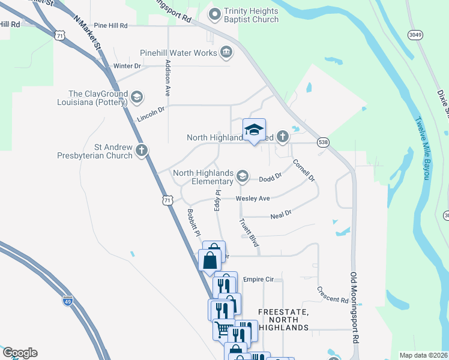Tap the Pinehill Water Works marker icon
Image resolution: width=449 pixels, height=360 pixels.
(x=226, y=53)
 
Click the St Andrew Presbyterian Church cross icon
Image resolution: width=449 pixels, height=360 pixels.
(x=142, y=150)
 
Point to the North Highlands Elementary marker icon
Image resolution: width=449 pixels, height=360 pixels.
(x=243, y=176)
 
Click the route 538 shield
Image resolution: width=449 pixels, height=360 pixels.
(x=324, y=142)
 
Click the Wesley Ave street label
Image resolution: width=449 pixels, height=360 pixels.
(x=253, y=199)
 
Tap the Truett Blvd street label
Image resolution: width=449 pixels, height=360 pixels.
(x=249, y=232)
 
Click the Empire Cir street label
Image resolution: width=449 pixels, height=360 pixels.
(x=258, y=279)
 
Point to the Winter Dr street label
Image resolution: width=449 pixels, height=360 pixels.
(x=127, y=65)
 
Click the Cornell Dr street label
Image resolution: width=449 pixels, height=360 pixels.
(x=304, y=170)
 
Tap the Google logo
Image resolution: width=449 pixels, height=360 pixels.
(x=20, y=353)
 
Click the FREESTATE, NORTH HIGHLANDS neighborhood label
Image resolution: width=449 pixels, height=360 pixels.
(x=283, y=320)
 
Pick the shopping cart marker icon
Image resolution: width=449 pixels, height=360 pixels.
(x=223, y=328)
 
